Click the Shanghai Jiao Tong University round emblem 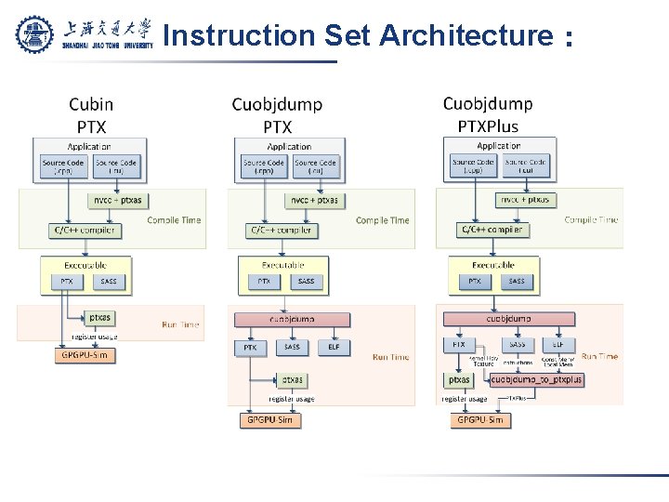click(35, 34)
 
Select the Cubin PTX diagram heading click(91, 115)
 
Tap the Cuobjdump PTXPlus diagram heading click(488, 114)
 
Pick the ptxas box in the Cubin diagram click(100, 317)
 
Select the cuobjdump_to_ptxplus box click(536, 379)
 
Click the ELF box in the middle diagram click(334, 347)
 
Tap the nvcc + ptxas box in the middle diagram click(314, 200)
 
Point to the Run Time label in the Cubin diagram click(180, 324)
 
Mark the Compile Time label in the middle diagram click(382, 220)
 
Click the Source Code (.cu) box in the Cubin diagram click(115, 166)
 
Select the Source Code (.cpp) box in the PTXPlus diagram click(473, 165)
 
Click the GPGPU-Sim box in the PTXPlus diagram click(480, 420)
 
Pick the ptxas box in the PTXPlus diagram click(459, 379)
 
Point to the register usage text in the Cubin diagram click(95, 336)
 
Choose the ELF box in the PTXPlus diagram click(558, 344)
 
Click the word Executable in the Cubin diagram click(81, 265)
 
